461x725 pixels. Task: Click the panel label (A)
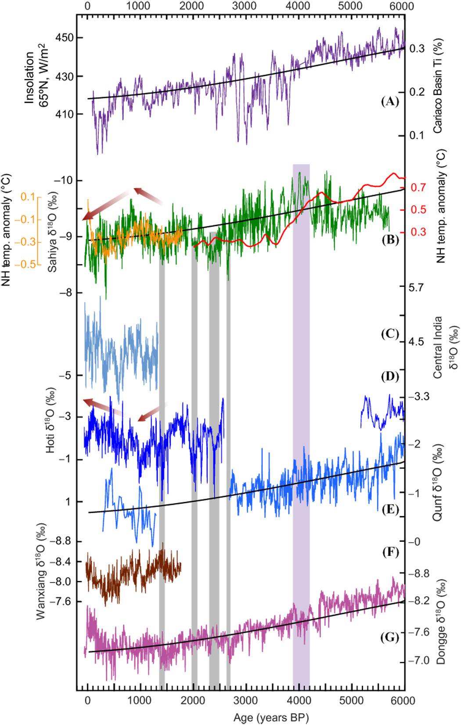tap(389, 101)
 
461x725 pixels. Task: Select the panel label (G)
tap(389, 637)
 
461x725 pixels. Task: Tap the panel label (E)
tap(389, 510)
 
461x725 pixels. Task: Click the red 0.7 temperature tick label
tap(418, 188)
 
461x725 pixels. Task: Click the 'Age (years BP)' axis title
tap(271, 718)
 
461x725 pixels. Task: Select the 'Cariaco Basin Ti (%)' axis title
tap(438, 86)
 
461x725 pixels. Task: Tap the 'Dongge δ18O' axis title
tap(441, 622)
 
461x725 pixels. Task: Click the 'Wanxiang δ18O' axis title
tap(41, 571)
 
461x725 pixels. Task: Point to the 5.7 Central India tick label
tap(416, 287)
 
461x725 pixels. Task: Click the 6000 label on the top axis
tap(402, 6)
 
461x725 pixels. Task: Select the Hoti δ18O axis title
tap(51, 420)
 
